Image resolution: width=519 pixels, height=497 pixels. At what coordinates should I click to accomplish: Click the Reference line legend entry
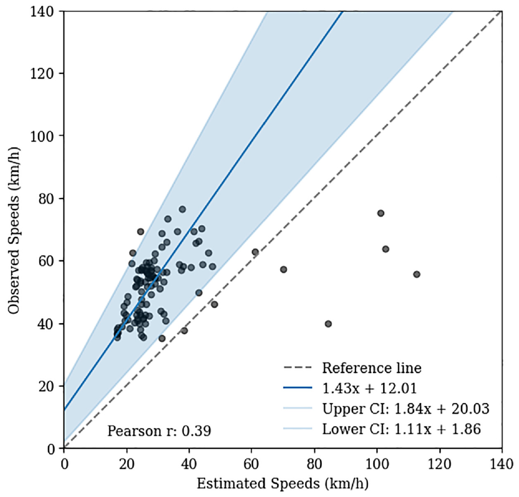coord(353,368)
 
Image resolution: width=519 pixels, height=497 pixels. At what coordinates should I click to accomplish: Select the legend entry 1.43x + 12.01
coord(350,388)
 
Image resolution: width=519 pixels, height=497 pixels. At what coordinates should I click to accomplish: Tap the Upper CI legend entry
coord(386,409)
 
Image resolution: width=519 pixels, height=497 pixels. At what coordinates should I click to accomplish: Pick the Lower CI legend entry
coord(382,429)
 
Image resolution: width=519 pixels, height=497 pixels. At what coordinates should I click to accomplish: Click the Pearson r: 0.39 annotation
coord(159,431)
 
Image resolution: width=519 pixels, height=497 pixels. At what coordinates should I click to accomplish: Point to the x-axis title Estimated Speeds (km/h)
coord(283,483)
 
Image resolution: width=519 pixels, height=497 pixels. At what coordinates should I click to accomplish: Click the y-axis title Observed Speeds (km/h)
coord(14,230)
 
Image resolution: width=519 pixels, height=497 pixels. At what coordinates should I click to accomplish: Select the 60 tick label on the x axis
coord(252,463)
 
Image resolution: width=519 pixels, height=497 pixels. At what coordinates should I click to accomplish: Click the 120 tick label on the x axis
coord(439,463)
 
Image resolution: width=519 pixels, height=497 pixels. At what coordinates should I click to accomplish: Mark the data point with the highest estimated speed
coord(417,274)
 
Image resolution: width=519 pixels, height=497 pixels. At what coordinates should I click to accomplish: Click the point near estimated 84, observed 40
coord(328,324)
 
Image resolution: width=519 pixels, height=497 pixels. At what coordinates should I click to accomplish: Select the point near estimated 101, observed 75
coord(380,213)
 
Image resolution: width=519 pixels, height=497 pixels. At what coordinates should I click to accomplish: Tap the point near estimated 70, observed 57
coord(283,270)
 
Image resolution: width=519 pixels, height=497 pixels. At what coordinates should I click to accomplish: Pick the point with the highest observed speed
coord(182,209)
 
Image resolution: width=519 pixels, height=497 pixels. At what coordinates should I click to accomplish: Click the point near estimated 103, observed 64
coord(385,249)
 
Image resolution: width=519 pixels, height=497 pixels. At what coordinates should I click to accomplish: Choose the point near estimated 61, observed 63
coord(255,252)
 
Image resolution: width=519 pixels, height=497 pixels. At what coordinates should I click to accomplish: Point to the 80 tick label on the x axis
coord(314,463)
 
